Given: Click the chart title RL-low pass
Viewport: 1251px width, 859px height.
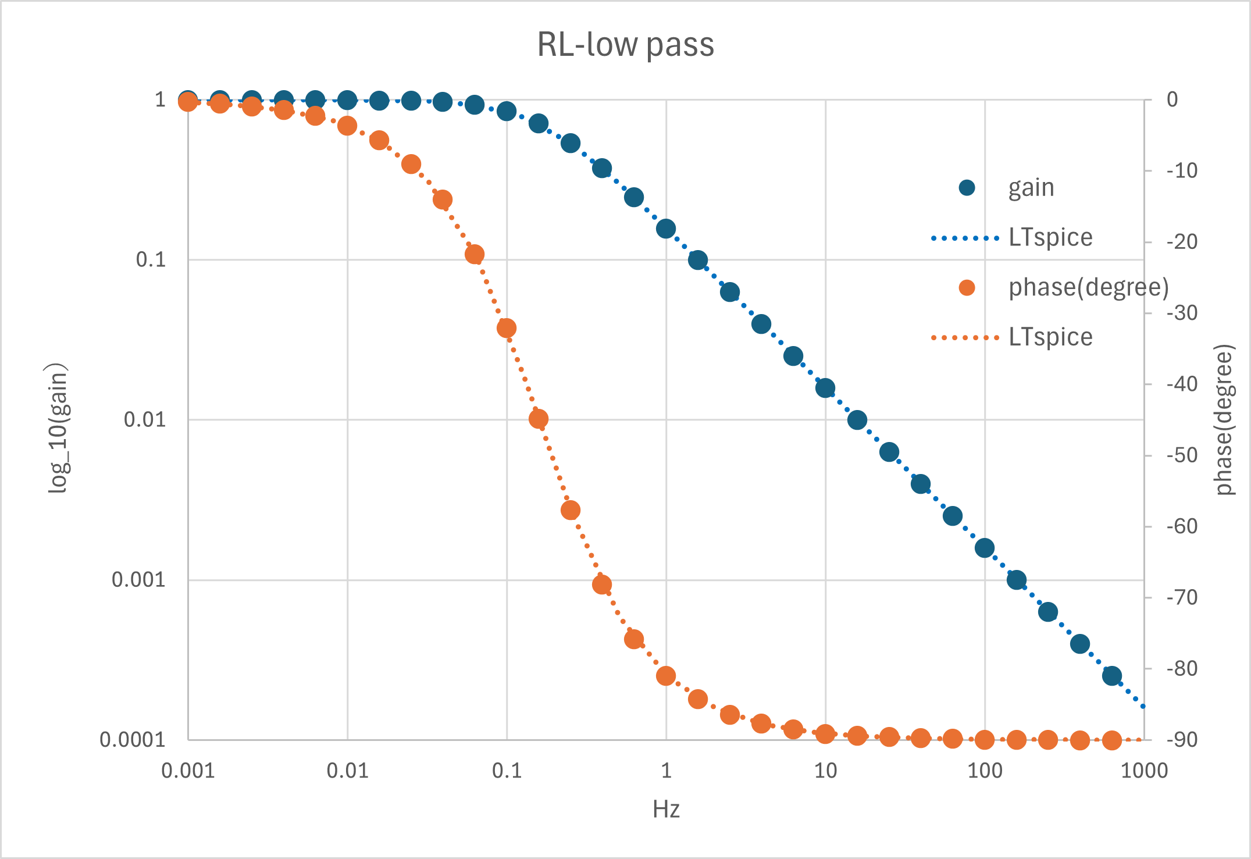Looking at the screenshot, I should tap(625, 45).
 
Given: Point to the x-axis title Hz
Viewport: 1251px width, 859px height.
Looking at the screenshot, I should tap(666, 809).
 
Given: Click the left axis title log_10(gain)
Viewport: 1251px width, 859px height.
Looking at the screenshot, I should tap(58, 429).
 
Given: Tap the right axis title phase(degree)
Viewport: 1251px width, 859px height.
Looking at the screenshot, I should tap(1224, 420).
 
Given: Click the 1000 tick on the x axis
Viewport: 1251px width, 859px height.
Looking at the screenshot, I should tap(1144, 771).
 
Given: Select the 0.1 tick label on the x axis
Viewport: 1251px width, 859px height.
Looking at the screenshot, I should tap(507, 771).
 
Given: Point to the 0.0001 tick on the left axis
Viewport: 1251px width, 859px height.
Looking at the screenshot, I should tap(133, 740).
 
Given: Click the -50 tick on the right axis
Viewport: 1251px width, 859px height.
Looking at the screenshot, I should tap(1182, 455).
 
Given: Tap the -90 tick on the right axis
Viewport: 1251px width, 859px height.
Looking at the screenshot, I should tap(1182, 740).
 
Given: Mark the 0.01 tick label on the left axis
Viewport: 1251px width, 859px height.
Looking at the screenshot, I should tap(145, 419).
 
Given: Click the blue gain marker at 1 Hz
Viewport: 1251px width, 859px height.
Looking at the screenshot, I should tap(666, 229).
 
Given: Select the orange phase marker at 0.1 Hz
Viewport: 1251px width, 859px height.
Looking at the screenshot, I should tap(507, 328).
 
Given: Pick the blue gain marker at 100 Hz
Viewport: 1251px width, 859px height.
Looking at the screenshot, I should tap(985, 548).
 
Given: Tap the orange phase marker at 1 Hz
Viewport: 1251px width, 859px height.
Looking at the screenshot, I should tap(666, 676).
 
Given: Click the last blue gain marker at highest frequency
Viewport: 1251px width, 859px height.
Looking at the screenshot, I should tap(1112, 676).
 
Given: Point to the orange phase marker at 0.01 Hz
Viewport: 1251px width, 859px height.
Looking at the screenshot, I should tap(347, 126).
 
